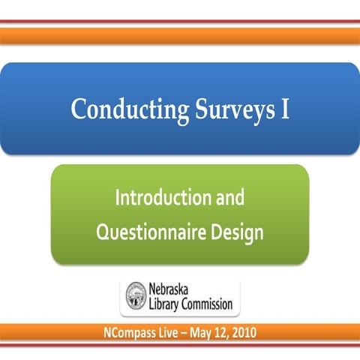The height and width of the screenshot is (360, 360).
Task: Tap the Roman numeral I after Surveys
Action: pyautogui.click(x=284, y=109)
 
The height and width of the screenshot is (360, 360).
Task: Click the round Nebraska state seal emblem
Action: pyautogui.click(x=136, y=297)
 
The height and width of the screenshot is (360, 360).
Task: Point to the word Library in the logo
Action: pyautogui.click(x=166, y=305)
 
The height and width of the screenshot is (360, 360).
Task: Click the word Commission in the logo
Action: pyautogui.click(x=208, y=305)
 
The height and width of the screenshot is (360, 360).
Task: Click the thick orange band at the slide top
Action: pyautogui.click(x=180, y=35)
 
